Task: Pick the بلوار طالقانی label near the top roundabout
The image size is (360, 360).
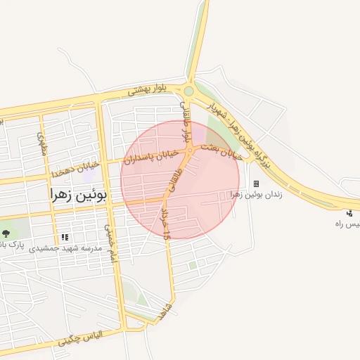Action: click(x=187, y=124)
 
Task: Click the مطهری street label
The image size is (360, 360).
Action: click(x=40, y=143)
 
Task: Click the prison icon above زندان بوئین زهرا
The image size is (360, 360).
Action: click(x=256, y=184)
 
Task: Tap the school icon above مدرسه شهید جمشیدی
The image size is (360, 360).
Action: click(x=65, y=238)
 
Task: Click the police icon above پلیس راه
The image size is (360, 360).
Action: click(x=349, y=213)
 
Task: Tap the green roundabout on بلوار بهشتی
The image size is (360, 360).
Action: click(x=188, y=90)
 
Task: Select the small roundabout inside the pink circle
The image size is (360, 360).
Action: click(x=190, y=150)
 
